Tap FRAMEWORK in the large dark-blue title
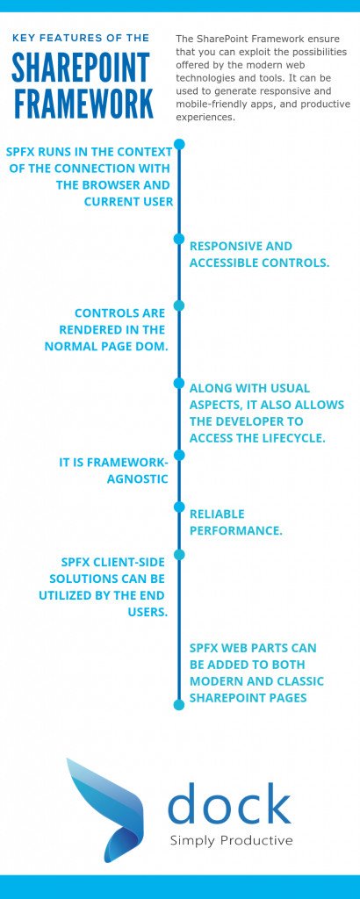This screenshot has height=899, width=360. pos(83,104)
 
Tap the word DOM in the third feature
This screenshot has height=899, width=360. pos(155,347)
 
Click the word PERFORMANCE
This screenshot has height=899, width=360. pos(235,531)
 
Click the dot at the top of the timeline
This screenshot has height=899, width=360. pos(179,145)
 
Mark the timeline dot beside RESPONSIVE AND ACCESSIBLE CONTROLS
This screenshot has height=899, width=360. pos(179,239)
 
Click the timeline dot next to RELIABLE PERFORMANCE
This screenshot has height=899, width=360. pos(179,507)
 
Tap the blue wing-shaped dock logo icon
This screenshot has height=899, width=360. pos(104,802)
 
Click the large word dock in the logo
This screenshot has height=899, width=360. pos(229,802)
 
